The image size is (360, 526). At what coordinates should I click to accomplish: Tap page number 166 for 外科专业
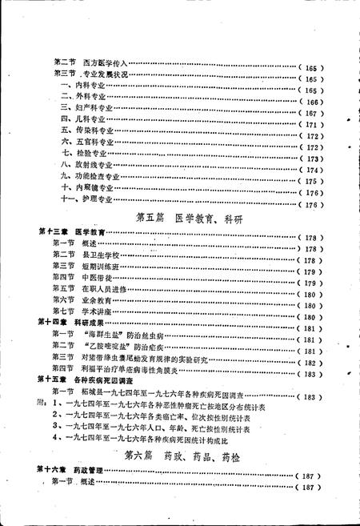pyautogui.click(x=310, y=103)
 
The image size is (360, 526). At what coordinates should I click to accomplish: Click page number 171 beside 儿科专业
pyautogui.click(x=310, y=126)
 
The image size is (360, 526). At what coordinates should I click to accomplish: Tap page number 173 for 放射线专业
pyautogui.click(x=310, y=159)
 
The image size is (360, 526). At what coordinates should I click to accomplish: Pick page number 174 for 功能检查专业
pyautogui.click(x=310, y=171)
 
